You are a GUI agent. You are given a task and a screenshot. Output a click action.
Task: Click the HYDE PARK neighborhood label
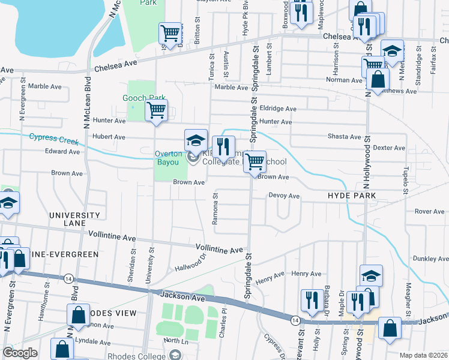(351, 196)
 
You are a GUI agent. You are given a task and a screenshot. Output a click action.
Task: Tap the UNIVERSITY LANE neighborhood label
(74, 220)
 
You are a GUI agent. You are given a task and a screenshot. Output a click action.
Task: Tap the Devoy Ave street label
(284, 196)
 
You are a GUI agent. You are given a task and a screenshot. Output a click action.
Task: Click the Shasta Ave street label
(343, 136)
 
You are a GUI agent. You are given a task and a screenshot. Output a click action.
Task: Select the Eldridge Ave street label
(278, 109)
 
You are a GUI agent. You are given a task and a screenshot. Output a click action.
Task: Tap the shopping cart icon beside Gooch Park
(156, 110)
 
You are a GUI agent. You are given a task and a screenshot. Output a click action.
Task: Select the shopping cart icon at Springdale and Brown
(255, 161)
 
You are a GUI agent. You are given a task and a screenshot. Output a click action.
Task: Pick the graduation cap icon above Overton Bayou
(196, 140)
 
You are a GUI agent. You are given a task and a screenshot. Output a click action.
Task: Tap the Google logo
(20, 353)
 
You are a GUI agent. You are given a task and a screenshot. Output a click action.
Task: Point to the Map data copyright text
(423, 355)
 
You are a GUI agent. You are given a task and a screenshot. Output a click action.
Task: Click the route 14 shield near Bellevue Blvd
(68, 278)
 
